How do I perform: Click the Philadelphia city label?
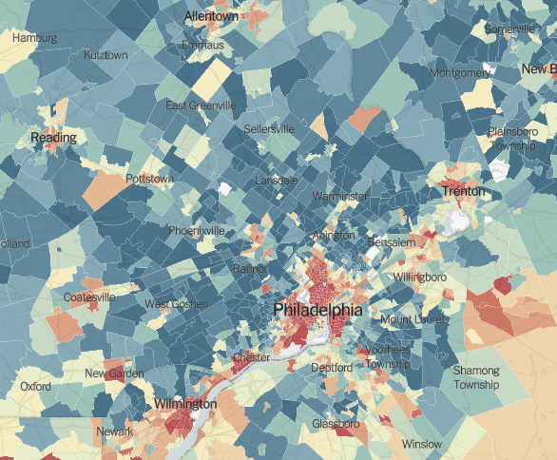point(317,311)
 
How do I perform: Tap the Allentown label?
point(211,17)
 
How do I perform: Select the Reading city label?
point(53,139)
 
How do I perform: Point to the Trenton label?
point(464,192)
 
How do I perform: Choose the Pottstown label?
point(149,179)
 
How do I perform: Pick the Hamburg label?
point(34,38)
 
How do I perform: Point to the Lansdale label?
point(277,180)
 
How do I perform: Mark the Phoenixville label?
point(197,231)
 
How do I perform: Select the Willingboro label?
point(419,278)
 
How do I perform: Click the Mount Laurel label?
point(413,320)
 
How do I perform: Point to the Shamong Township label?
point(475,377)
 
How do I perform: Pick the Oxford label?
point(35,387)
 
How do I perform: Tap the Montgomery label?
point(459,72)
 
